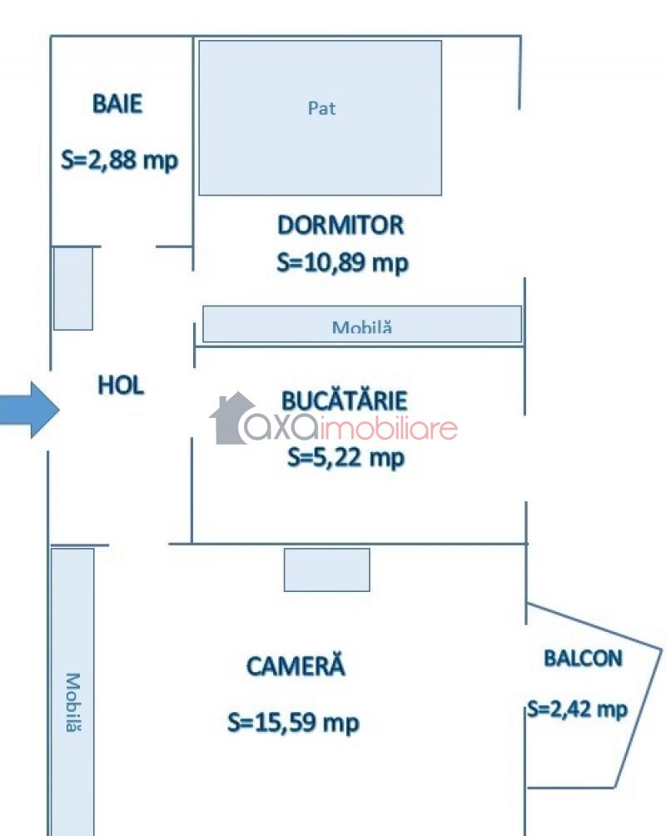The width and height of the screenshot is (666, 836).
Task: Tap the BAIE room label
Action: pyautogui.click(x=117, y=104)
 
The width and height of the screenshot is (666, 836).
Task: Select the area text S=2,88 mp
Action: pyautogui.click(x=120, y=160)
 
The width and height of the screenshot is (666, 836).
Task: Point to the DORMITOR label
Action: pyautogui.click(x=340, y=225)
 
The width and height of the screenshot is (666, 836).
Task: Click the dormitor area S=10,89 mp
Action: pyautogui.click(x=342, y=263)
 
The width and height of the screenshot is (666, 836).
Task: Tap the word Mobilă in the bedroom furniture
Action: pyautogui.click(x=361, y=327)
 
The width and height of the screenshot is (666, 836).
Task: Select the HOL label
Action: pyautogui.click(x=121, y=386)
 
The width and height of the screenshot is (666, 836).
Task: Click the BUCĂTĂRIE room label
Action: pyautogui.click(x=344, y=400)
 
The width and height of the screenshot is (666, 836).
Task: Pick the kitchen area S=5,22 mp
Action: pyautogui.click(x=345, y=456)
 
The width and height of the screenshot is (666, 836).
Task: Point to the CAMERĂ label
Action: pyautogui.click(x=296, y=666)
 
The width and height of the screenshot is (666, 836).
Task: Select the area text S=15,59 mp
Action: pyautogui.click(x=293, y=723)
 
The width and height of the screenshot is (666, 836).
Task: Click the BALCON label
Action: pyautogui.click(x=583, y=658)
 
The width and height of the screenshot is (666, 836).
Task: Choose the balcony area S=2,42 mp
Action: pyautogui.click(x=576, y=709)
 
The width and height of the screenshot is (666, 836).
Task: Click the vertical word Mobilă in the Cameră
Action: pyautogui.click(x=73, y=703)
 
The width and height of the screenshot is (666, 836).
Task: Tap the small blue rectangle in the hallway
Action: pyautogui.click(x=73, y=288)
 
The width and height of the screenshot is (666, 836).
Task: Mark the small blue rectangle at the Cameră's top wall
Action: pyautogui.click(x=326, y=570)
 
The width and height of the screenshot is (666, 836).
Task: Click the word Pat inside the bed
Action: pyautogui.click(x=321, y=108)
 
